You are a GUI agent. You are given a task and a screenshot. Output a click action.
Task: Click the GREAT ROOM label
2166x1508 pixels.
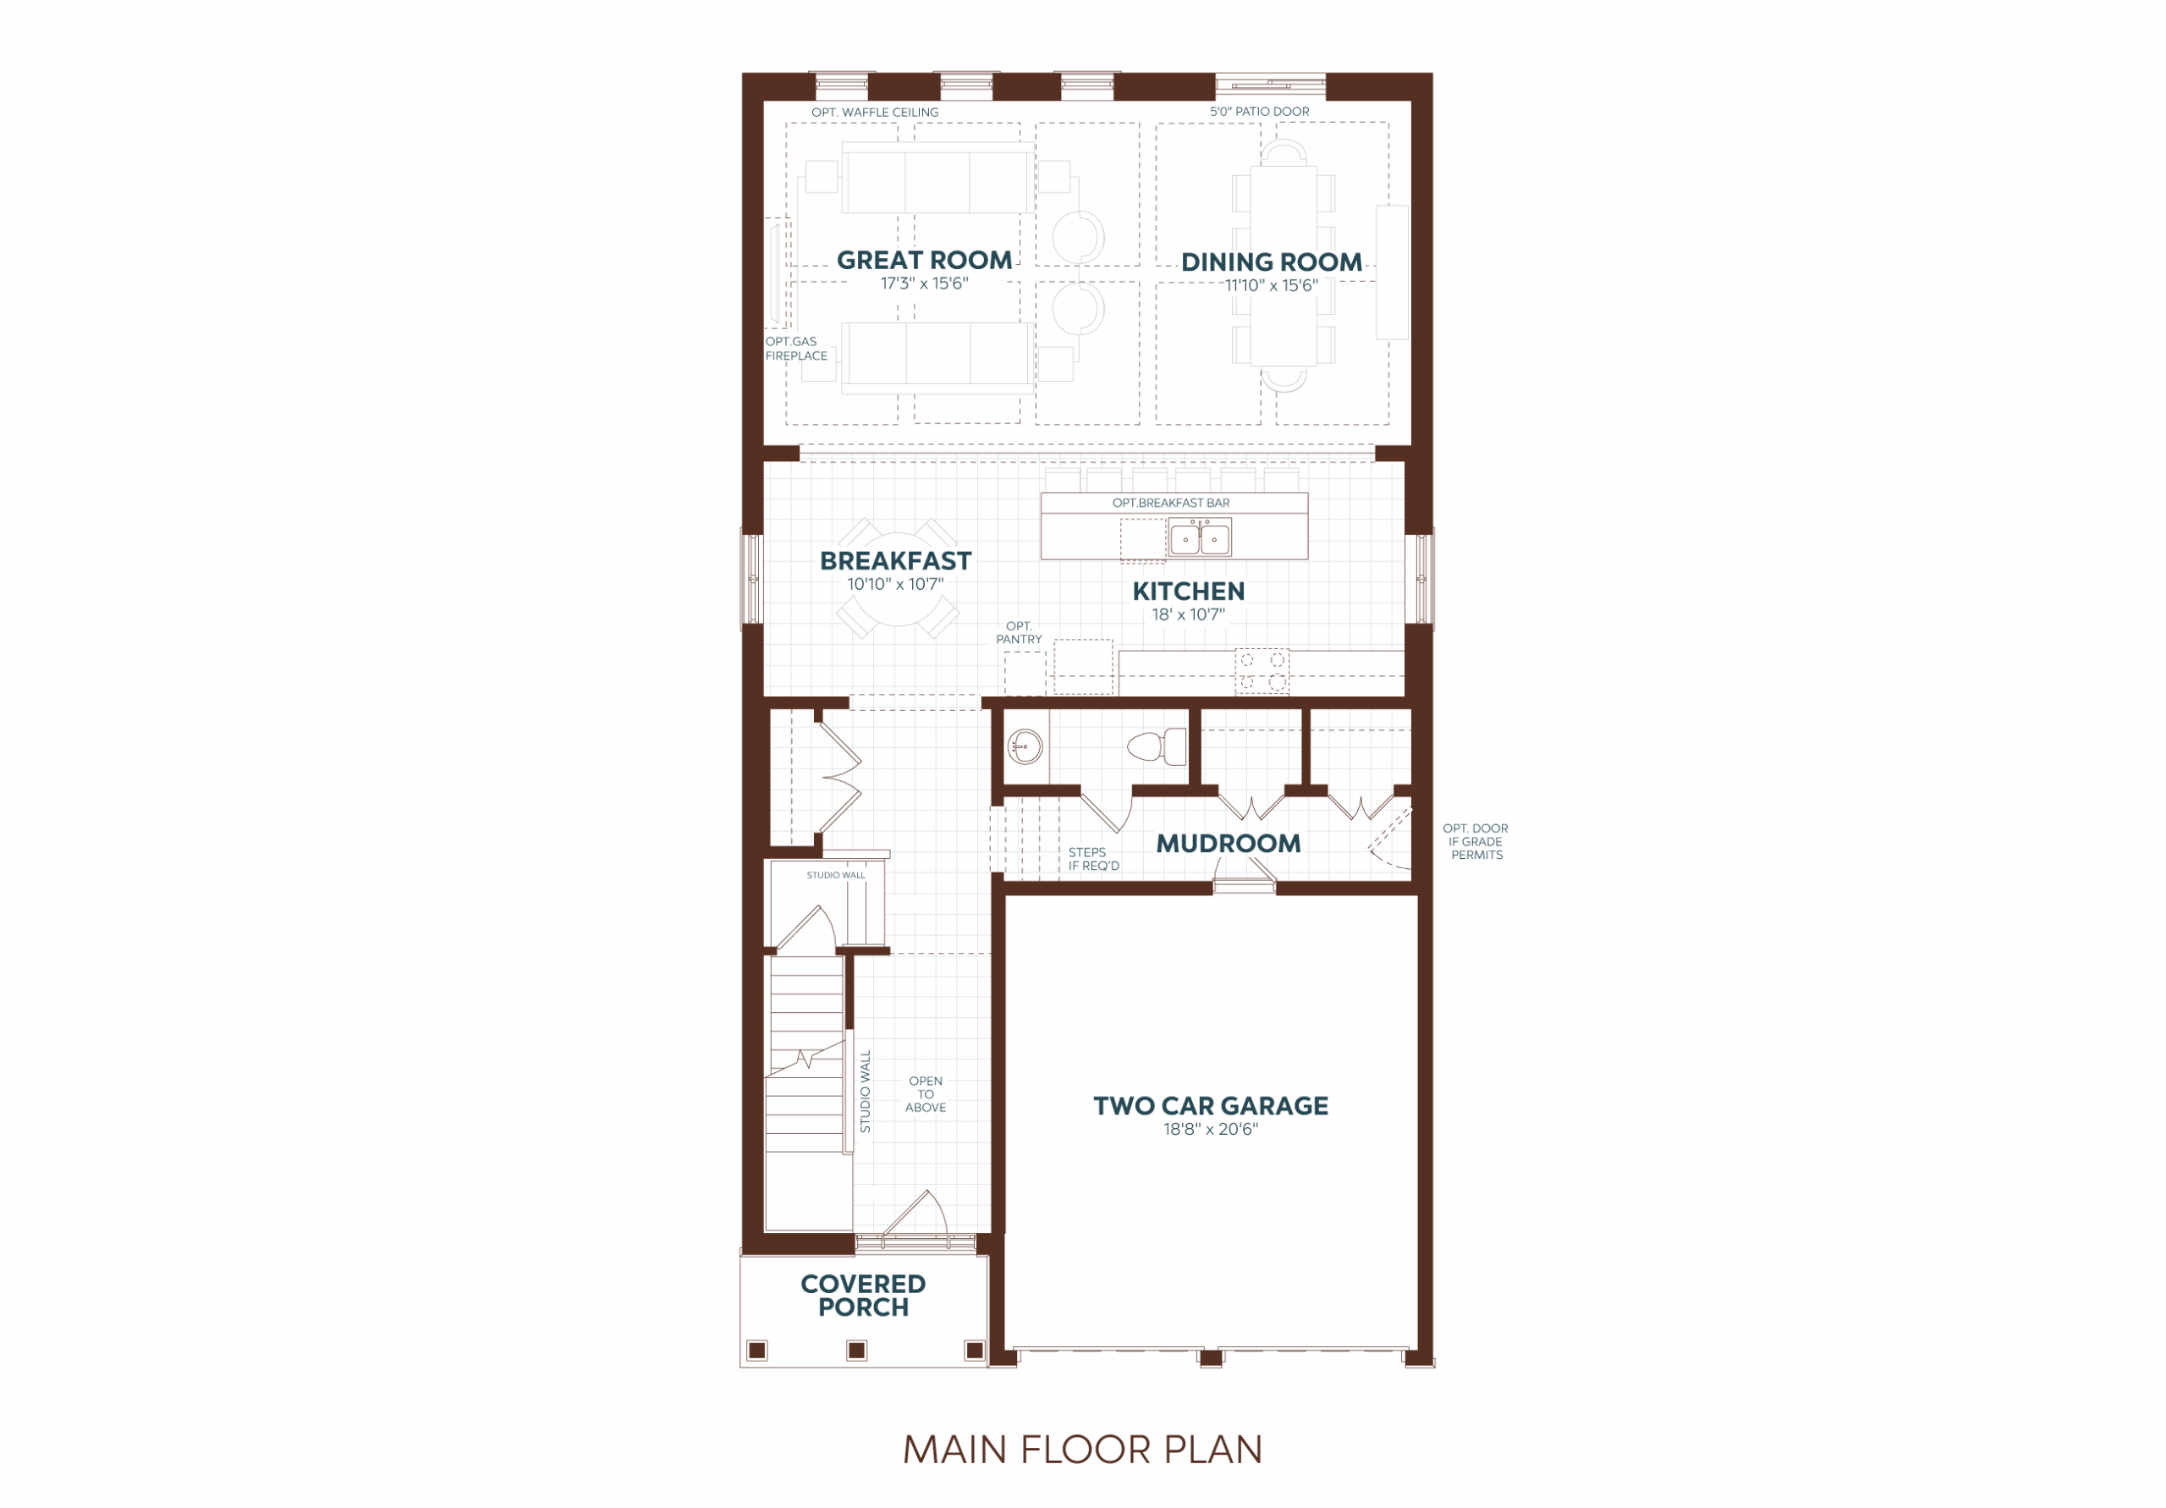coord(924,261)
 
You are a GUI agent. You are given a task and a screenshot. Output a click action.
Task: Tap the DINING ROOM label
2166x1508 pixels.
coord(1271,262)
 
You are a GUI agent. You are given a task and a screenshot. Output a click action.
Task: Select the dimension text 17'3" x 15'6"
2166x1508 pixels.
coord(924,283)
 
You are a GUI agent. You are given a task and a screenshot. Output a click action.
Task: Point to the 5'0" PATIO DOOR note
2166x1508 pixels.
coord(1260,112)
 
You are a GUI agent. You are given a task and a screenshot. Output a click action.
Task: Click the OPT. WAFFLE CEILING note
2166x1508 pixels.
coord(875,113)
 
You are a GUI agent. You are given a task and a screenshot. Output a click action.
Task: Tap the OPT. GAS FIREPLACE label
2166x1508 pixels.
coord(796,348)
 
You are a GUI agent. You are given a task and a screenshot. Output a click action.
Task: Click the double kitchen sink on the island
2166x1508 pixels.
coord(1199,539)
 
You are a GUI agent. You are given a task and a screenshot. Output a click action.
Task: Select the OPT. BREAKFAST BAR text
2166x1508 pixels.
coord(1171,503)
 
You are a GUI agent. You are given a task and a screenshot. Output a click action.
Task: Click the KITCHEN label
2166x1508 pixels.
coord(1188,592)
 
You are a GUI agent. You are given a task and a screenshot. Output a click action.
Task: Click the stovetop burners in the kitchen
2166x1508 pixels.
coord(1262,671)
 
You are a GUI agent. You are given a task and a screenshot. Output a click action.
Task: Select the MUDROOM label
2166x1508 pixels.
coord(1229,844)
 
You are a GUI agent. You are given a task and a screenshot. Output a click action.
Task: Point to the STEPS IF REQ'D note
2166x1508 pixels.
coord(1093,859)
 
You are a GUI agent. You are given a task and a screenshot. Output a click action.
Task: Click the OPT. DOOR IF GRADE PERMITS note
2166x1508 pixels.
coord(1476,842)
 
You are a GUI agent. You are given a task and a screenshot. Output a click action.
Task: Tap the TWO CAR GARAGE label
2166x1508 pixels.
coord(1211,1106)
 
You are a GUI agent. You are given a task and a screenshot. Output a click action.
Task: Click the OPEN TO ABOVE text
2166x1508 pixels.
coord(926,1095)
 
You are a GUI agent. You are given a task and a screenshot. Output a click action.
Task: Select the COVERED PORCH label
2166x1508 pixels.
coord(862,1296)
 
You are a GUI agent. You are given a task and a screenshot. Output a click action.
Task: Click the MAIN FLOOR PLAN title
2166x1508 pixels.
coord(1082,1450)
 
